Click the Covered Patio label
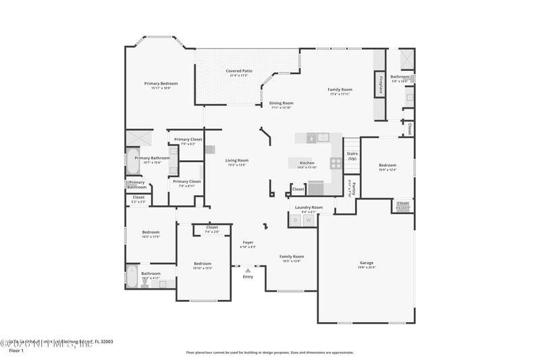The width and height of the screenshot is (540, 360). tap(238, 71)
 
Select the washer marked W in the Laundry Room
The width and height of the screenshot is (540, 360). tap(308, 220)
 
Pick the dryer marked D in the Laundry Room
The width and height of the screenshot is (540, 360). tap(295, 220)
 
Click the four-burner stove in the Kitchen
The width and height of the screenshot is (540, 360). tap(335, 162)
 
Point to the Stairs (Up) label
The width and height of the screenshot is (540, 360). tap(352, 156)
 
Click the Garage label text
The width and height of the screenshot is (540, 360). tap(367, 263)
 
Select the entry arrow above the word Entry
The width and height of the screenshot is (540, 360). tap(248, 270)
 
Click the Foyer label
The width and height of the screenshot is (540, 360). tap(248, 242)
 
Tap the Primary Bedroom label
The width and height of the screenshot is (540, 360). tap(161, 84)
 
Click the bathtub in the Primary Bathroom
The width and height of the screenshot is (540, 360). tap(132, 163)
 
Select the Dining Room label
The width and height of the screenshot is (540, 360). tap(281, 103)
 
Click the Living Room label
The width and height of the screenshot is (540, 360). tap(236, 160)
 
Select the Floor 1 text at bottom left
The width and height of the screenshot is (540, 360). tap(17, 351)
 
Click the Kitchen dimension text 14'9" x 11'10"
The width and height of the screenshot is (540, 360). tap(307, 168)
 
